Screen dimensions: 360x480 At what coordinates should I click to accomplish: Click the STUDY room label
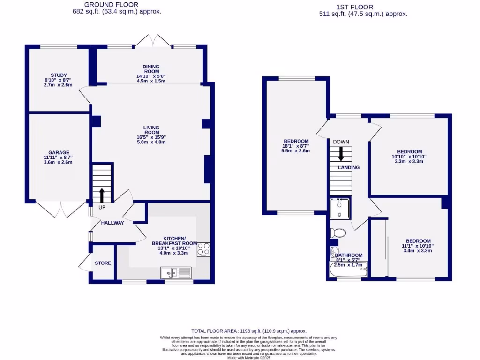point(59,75)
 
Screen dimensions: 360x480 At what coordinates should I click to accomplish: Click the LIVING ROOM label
point(151,130)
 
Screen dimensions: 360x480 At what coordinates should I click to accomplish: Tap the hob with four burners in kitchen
point(203,249)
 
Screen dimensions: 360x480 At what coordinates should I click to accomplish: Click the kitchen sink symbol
point(176,272)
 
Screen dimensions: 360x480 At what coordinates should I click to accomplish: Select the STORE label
point(103,263)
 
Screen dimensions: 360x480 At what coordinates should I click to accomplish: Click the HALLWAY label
point(112,223)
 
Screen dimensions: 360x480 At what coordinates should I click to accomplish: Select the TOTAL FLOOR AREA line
point(249,331)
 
